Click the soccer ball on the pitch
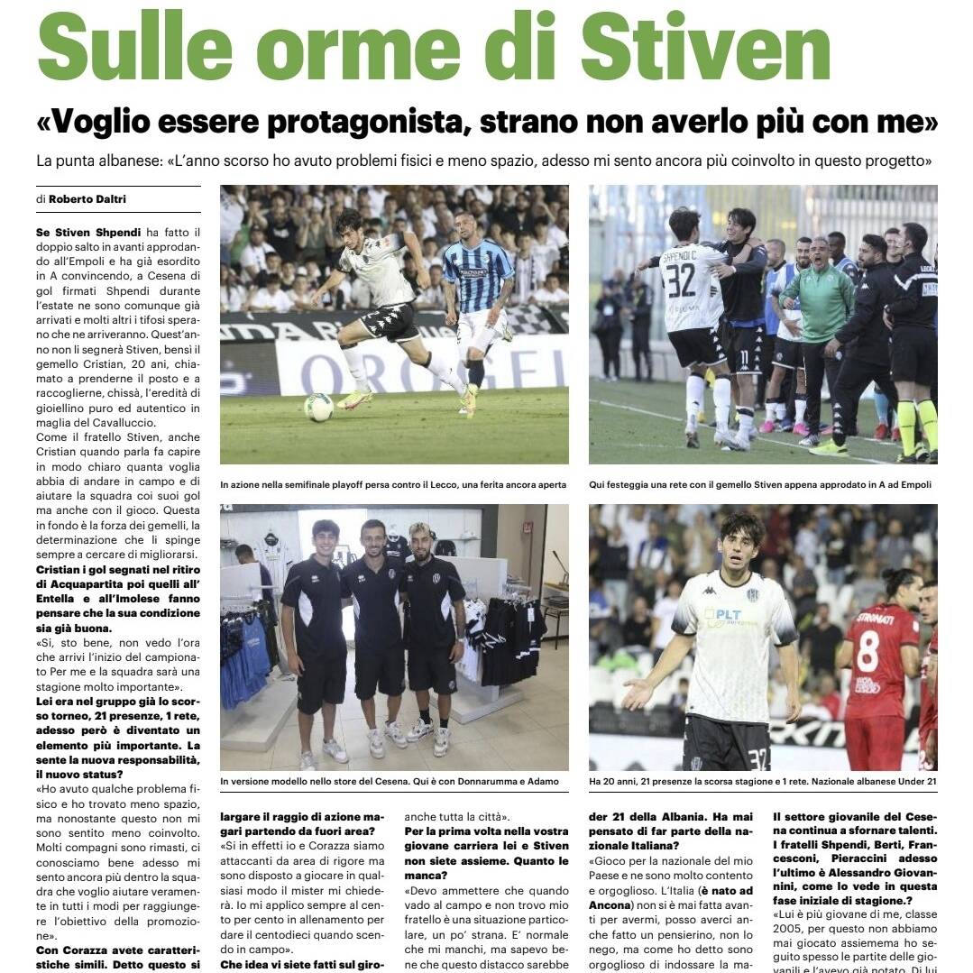[x=318, y=408]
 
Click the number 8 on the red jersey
[x=868, y=650]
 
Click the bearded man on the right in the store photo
[x=432, y=622]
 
